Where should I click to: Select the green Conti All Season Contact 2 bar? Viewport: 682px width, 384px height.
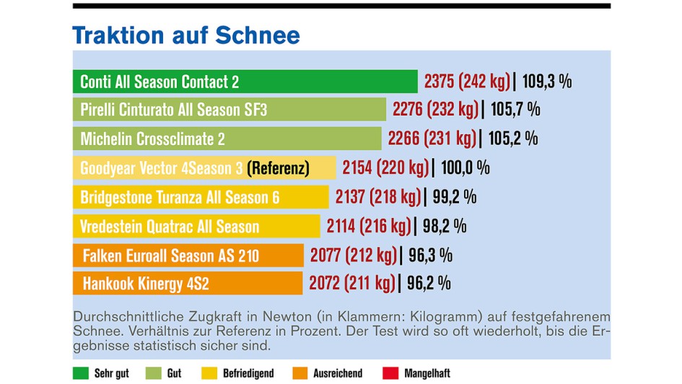click(245, 82)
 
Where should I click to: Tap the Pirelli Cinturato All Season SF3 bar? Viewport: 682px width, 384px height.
click(229, 110)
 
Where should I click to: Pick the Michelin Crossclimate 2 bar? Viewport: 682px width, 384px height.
click(227, 139)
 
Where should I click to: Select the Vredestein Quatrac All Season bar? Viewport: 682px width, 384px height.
click(196, 227)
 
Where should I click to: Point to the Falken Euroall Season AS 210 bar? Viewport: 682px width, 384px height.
click(188, 256)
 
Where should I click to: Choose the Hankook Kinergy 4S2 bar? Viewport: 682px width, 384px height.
click(188, 284)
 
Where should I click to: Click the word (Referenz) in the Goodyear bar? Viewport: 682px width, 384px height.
click(278, 168)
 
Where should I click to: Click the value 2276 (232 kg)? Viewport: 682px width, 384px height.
click(435, 110)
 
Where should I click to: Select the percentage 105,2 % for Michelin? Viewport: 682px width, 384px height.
click(513, 139)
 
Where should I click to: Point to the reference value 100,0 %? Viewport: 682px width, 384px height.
click(465, 168)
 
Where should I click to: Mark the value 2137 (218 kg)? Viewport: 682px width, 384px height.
click(378, 197)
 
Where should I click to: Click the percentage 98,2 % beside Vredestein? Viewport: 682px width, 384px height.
click(444, 227)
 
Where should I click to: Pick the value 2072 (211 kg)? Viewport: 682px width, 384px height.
click(352, 284)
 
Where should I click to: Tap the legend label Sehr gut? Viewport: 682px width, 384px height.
click(111, 373)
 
